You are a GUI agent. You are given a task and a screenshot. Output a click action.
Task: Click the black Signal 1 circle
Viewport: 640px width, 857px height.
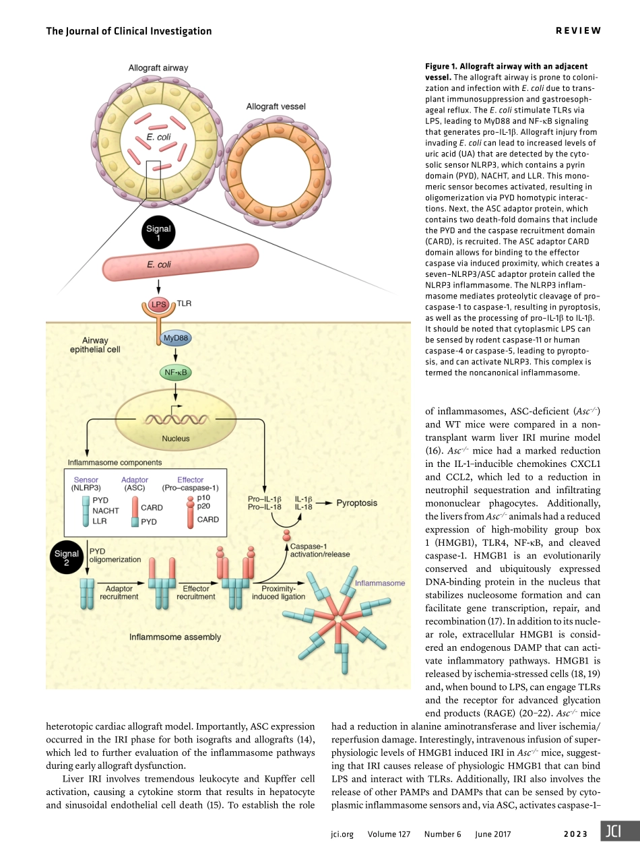[159, 233]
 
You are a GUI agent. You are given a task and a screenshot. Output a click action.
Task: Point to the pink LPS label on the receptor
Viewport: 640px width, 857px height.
[158, 305]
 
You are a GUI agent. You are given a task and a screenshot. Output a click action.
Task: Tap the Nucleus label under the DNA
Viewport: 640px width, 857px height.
[175, 439]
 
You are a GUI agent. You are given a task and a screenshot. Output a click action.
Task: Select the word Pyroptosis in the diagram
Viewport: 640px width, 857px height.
[356, 503]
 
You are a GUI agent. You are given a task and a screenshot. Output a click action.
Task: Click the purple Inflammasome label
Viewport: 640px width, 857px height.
[380, 583]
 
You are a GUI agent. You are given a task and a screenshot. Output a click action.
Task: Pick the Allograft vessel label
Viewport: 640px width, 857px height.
[276, 106]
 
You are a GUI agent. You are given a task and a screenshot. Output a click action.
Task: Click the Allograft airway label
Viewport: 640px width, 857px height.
[158, 67]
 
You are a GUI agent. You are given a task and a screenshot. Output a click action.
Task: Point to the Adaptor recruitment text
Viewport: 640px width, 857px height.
[119, 592]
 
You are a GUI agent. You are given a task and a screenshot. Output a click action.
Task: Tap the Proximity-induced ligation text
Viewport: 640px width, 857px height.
[278, 592]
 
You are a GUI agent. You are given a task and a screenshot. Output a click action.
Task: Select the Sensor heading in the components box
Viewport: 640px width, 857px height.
[86, 480]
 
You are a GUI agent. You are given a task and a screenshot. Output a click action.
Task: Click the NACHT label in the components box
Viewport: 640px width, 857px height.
[106, 511]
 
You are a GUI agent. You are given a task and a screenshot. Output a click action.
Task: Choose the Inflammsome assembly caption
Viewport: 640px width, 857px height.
[174, 637]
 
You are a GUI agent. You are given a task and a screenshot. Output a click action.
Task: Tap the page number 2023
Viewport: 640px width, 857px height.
[577, 834]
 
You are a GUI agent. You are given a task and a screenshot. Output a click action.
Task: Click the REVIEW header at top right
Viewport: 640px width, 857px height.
[577, 31]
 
